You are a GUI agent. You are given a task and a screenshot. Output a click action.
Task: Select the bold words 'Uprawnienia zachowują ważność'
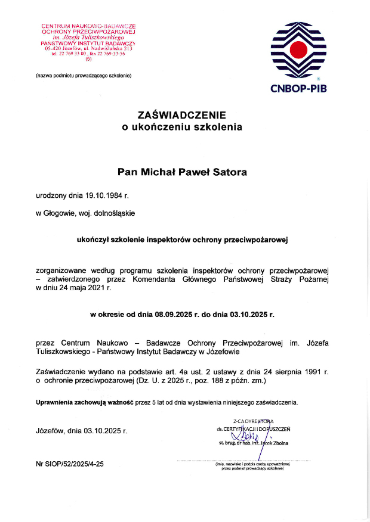click(x=85, y=403)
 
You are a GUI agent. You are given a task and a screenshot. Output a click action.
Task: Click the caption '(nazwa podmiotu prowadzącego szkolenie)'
click(x=84, y=76)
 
